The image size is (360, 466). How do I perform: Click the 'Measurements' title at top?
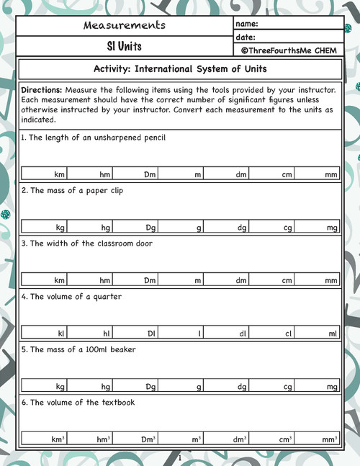pyautogui.click(x=125, y=25)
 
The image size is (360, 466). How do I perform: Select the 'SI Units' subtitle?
pyautogui.click(x=125, y=46)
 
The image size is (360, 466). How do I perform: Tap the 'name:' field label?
pyautogui.click(x=246, y=24)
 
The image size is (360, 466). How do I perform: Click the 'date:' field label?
pyautogui.click(x=246, y=37)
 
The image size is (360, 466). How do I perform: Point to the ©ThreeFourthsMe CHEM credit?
pyautogui.click(x=289, y=50)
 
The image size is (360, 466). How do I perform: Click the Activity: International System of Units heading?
pyautogui.click(x=180, y=69)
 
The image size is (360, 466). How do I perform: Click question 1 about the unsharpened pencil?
pyautogui.click(x=94, y=137)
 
